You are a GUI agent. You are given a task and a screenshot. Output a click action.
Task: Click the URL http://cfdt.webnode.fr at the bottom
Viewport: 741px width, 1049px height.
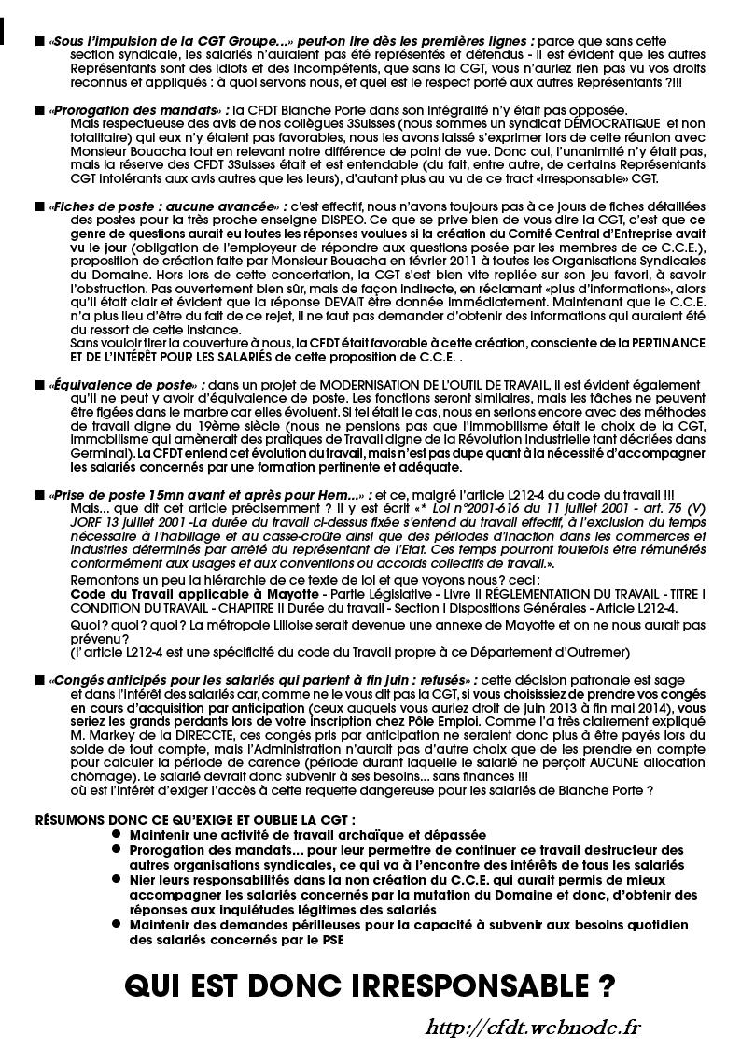pos(533,1028)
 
